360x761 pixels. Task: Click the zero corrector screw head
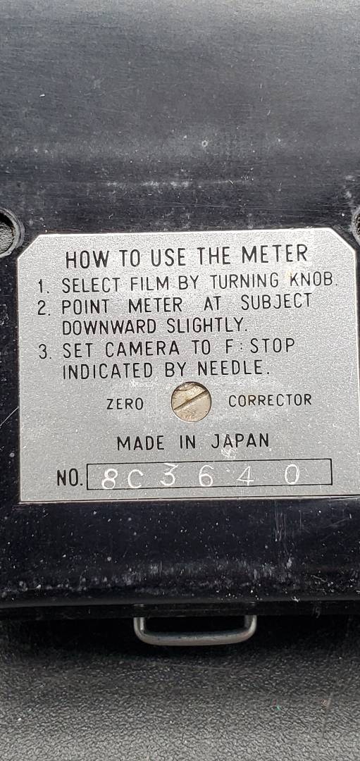[191, 402]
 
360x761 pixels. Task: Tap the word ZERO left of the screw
[125, 403]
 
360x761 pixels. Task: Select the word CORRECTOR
[271, 400]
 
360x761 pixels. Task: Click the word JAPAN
[240, 440]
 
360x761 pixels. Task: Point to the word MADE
[141, 443]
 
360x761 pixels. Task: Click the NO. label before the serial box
[70, 478]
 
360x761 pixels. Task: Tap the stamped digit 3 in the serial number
[168, 475]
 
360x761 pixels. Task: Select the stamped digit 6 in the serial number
[206, 476]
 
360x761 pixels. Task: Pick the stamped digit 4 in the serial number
[245, 476]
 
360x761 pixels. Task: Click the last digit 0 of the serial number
[292, 474]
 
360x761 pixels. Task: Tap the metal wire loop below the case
[195, 629]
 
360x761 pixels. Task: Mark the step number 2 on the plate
[44, 308]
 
